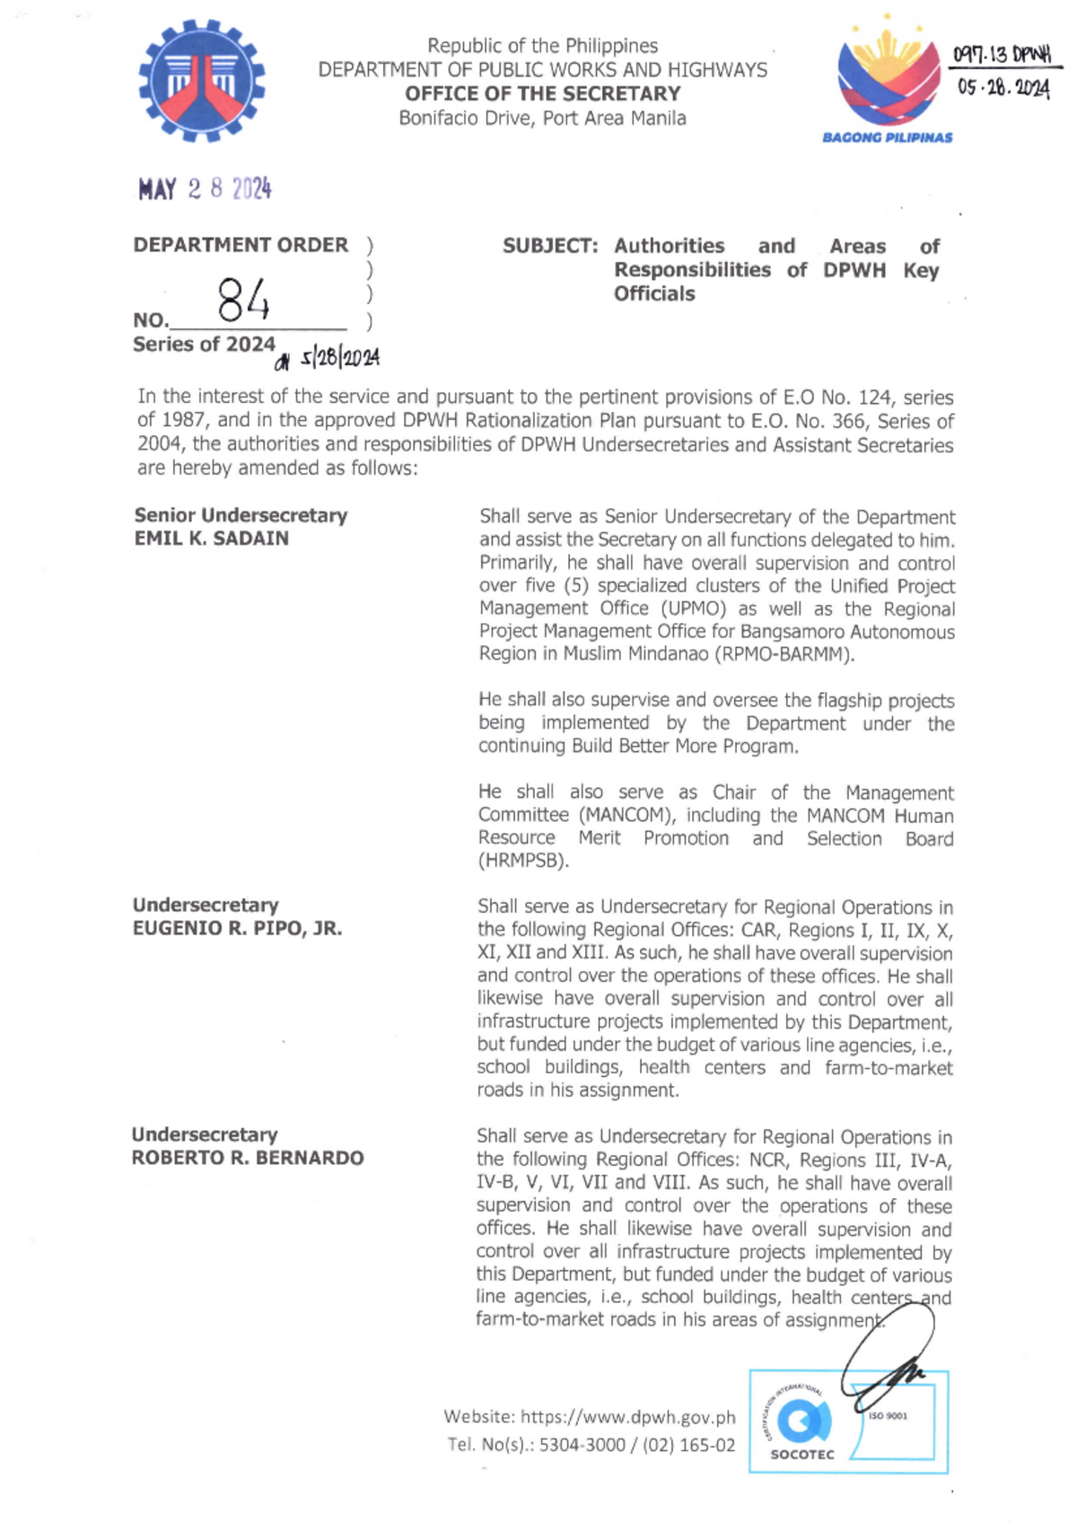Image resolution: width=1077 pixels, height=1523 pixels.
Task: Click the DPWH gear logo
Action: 202,81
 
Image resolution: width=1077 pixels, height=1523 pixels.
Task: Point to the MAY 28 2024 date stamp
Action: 205,189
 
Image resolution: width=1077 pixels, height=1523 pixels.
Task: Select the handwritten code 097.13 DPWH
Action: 1003,56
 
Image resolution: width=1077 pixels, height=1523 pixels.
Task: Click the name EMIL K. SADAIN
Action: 212,538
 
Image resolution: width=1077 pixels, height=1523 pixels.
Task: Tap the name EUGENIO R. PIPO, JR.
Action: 238,928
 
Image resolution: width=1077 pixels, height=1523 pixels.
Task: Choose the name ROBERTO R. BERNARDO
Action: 248,1158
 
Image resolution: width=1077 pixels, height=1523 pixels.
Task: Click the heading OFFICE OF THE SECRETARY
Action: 542,93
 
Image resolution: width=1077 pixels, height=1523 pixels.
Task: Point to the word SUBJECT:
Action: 549,246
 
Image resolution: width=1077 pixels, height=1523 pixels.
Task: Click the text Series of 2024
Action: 204,345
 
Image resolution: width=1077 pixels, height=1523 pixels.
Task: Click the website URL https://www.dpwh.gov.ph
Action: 627,1417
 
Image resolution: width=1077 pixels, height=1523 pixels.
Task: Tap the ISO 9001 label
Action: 888,1416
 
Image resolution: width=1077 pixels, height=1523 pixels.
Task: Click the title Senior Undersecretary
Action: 241,515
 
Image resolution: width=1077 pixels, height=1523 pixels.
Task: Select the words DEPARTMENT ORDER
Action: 241,245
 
